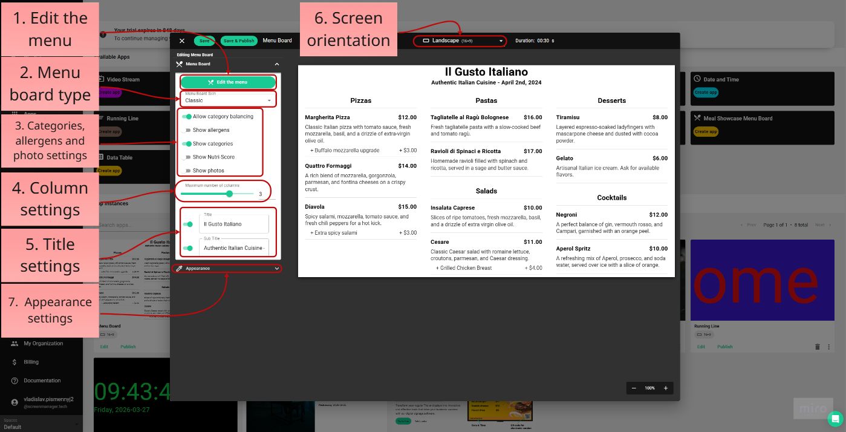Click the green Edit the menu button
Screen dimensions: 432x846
click(228, 82)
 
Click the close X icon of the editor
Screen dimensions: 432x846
click(182, 41)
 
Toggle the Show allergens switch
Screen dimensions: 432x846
click(187, 130)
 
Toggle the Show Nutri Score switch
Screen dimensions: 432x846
click(187, 157)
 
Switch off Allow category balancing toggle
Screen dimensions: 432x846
click(187, 117)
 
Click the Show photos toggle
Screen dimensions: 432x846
click(187, 171)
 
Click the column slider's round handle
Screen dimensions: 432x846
click(229, 194)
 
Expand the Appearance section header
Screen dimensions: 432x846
click(227, 268)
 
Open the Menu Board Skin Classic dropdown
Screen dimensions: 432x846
click(228, 100)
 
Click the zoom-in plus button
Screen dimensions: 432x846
click(666, 388)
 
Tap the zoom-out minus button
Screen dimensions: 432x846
click(634, 388)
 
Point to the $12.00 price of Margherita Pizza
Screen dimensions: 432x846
click(407, 117)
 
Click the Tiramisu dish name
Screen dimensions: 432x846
click(568, 117)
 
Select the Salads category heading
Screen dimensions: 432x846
click(486, 191)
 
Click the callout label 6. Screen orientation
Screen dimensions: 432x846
click(348, 29)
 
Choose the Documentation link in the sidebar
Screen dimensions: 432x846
click(42, 381)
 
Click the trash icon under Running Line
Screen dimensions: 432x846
click(818, 347)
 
